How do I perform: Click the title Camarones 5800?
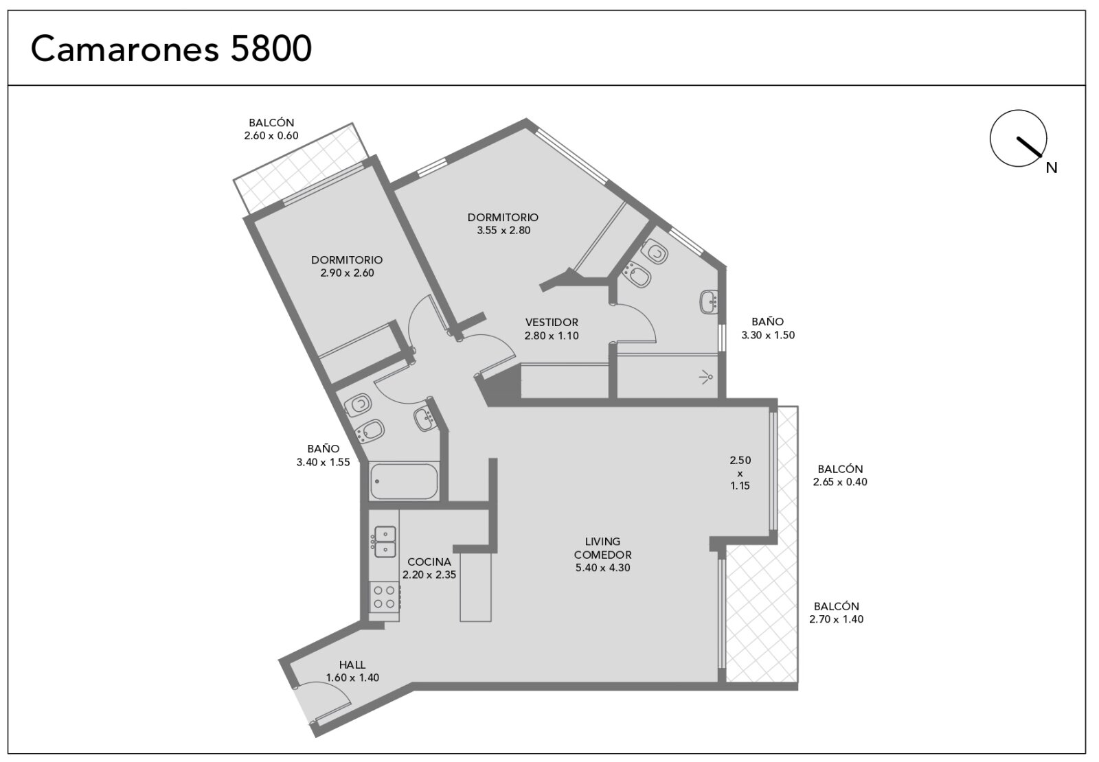click(x=171, y=49)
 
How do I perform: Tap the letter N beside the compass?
click(x=1052, y=168)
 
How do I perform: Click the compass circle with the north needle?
click(x=1018, y=138)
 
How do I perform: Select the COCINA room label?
click(x=429, y=562)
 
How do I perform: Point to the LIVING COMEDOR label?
click(x=602, y=549)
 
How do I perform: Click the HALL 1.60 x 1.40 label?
click(x=352, y=671)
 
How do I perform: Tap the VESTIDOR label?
click(x=552, y=322)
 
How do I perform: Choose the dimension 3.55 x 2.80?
click(x=503, y=230)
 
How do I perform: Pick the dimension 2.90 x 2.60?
click(x=347, y=273)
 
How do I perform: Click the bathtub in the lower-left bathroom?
click(x=404, y=481)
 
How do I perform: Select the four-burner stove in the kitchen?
click(x=384, y=597)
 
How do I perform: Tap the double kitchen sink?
click(x=385, y=542)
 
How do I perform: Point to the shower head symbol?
click(x=706, y=377)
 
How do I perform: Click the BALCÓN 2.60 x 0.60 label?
click(x=271, y=129)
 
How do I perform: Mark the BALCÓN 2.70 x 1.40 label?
click(x=836, y=612)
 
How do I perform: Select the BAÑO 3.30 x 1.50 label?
click(x=768, y=328)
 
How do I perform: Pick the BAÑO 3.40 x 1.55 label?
click(x=323, y=455)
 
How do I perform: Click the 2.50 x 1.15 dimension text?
click(x=740, y=473)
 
